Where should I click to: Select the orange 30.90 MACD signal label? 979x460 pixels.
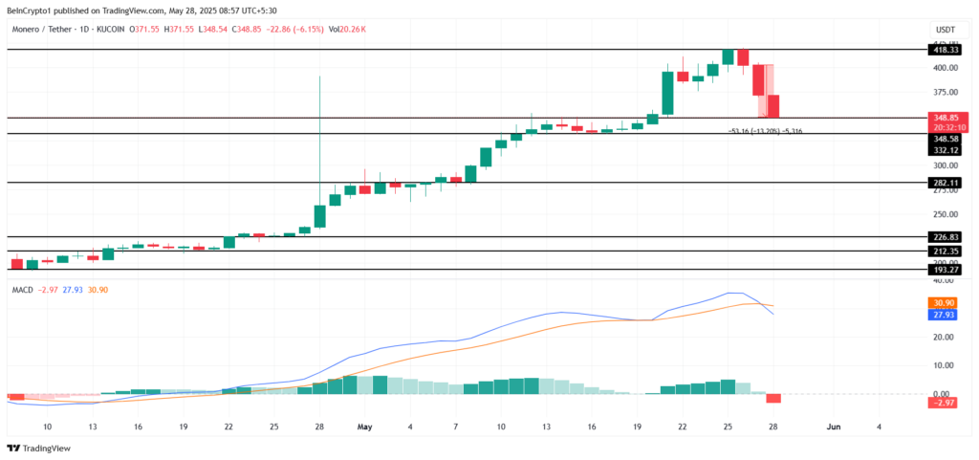tap(943, 302)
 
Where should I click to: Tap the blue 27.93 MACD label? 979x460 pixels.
tap(943, 315)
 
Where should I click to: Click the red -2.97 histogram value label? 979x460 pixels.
tap(943, 404)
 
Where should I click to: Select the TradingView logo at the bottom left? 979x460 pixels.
tap(33, 449)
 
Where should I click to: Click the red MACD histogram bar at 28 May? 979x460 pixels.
tap(773, 398)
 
